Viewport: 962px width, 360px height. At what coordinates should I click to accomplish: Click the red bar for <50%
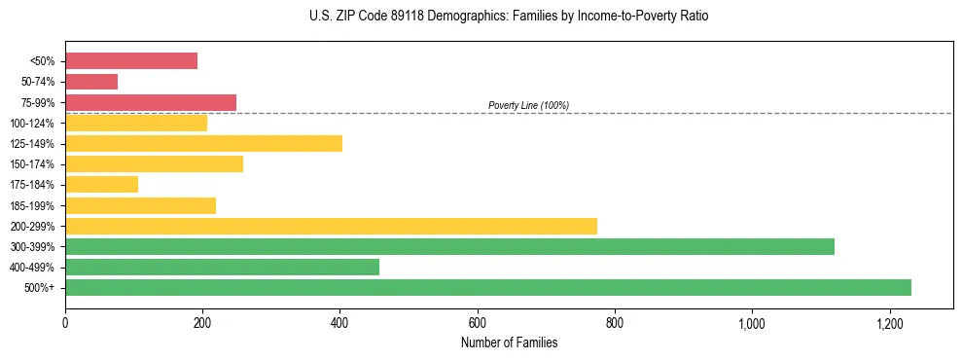131,61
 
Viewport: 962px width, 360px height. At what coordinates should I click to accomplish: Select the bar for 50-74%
91,82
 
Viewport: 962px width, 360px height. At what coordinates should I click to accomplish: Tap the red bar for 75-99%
151,102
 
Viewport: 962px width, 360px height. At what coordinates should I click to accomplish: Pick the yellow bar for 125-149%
203,144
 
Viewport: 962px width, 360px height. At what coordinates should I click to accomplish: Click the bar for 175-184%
101,185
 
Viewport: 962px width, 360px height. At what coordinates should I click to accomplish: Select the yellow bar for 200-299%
331,226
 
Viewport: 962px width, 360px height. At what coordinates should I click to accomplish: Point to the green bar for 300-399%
449,246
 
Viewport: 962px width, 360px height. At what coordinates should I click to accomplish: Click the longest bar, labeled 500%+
487,287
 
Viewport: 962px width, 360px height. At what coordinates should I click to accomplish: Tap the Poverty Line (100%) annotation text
528,105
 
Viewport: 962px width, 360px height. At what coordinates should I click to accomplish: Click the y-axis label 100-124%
33,124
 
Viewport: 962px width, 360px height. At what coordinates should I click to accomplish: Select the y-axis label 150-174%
33,164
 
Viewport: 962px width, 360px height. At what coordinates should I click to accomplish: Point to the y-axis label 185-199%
33,205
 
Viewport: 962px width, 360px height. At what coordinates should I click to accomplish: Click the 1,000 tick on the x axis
752,323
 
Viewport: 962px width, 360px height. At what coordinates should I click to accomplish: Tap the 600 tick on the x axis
478,323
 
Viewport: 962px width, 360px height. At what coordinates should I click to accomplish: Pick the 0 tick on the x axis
65,323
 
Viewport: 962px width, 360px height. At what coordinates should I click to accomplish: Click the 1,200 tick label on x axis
889,323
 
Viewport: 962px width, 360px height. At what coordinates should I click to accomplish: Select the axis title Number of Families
509,342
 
